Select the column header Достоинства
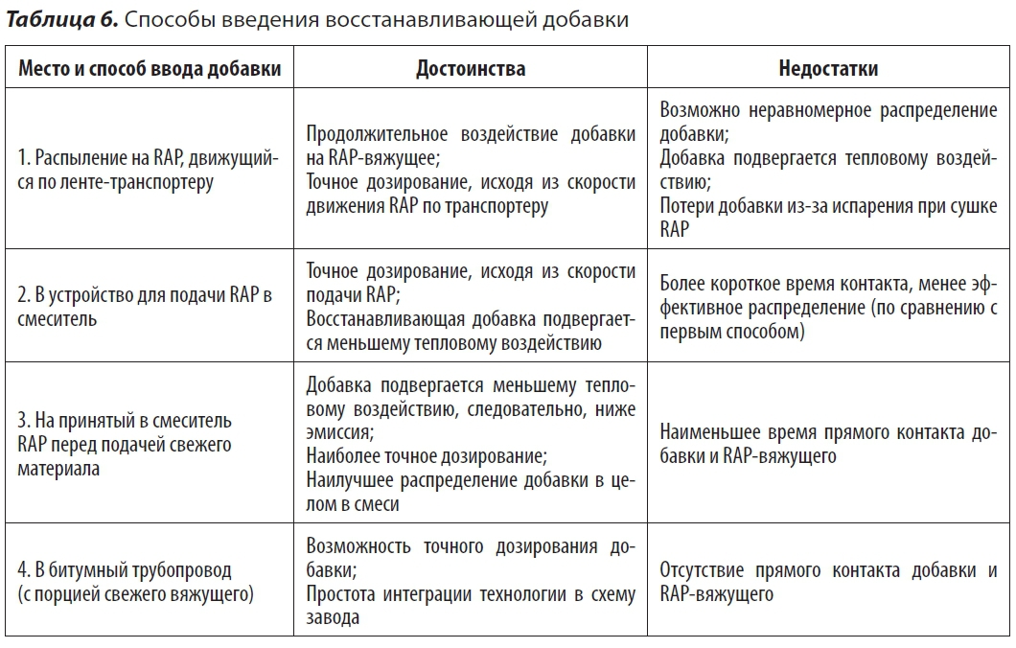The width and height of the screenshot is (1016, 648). tap(470, 69)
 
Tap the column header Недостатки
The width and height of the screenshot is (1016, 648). tap(828, 69)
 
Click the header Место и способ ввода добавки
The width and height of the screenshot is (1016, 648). tap(150, 69)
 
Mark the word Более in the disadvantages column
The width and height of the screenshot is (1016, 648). tap(683, 284)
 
